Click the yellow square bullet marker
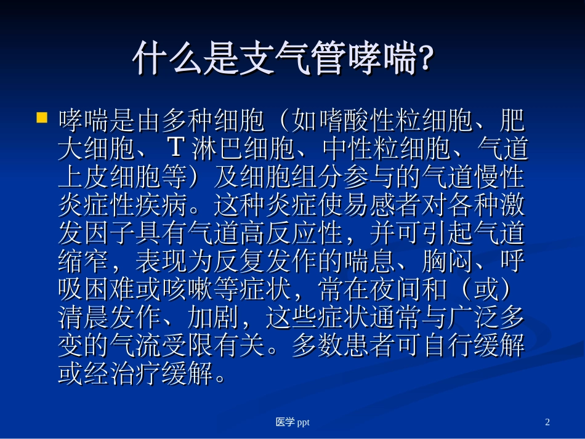point(42,117)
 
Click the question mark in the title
point(424,59)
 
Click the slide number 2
point(547,422)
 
